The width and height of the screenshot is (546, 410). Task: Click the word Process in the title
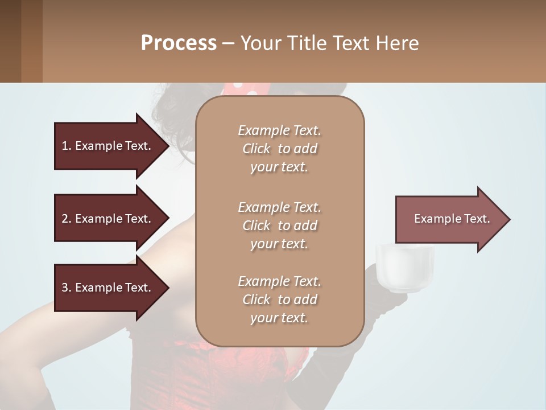tap(179, 43)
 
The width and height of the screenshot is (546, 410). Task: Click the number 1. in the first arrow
tap(67, 146)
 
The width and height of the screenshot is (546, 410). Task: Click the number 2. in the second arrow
tap(67, 219)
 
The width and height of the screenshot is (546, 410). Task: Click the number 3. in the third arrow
tap(67, 288)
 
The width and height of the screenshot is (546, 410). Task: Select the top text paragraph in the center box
tap(279, 149)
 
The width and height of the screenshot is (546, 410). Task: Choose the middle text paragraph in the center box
tap(279, 225)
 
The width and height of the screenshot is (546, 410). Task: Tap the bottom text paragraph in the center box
tap(279, 300)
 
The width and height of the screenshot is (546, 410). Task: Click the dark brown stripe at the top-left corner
tap(10, 41)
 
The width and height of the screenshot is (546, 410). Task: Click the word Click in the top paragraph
tap(257, 149)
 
